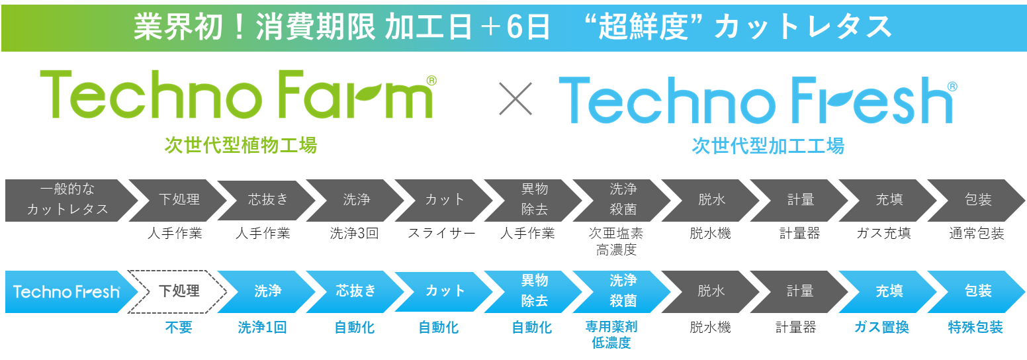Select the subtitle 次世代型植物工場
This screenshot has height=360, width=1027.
tap(241, 145)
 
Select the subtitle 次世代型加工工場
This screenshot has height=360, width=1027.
tap(768, 146)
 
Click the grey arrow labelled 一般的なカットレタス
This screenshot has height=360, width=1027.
tap(66, 200)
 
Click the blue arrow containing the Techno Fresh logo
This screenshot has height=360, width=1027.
tap(66, 291)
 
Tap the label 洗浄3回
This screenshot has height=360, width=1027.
tap(354, 234)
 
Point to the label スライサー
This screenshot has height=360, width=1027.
tap(441, 234)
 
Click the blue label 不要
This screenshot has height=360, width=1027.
tap(179, 328)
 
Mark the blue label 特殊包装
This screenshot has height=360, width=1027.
tap(977, 328)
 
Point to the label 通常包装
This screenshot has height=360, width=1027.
tap(977, 234)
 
